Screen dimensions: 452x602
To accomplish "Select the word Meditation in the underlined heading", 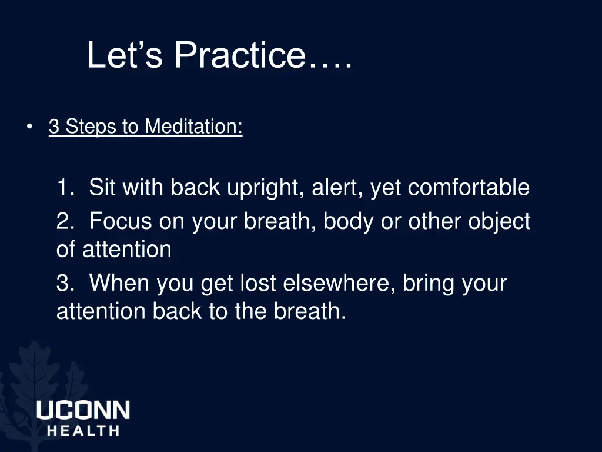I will [193, 127].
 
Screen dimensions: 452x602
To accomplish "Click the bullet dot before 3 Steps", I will [29, 127].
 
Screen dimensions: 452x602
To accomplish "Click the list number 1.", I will [64, 188].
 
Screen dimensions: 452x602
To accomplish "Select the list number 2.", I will [64, 222].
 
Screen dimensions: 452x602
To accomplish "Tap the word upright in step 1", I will [266, 188].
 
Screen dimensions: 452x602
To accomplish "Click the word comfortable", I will [469, 188].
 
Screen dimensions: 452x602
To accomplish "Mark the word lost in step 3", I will [258, 284].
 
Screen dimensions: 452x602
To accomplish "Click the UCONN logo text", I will [83, 410].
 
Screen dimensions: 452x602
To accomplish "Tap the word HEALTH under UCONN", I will [83, 430].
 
